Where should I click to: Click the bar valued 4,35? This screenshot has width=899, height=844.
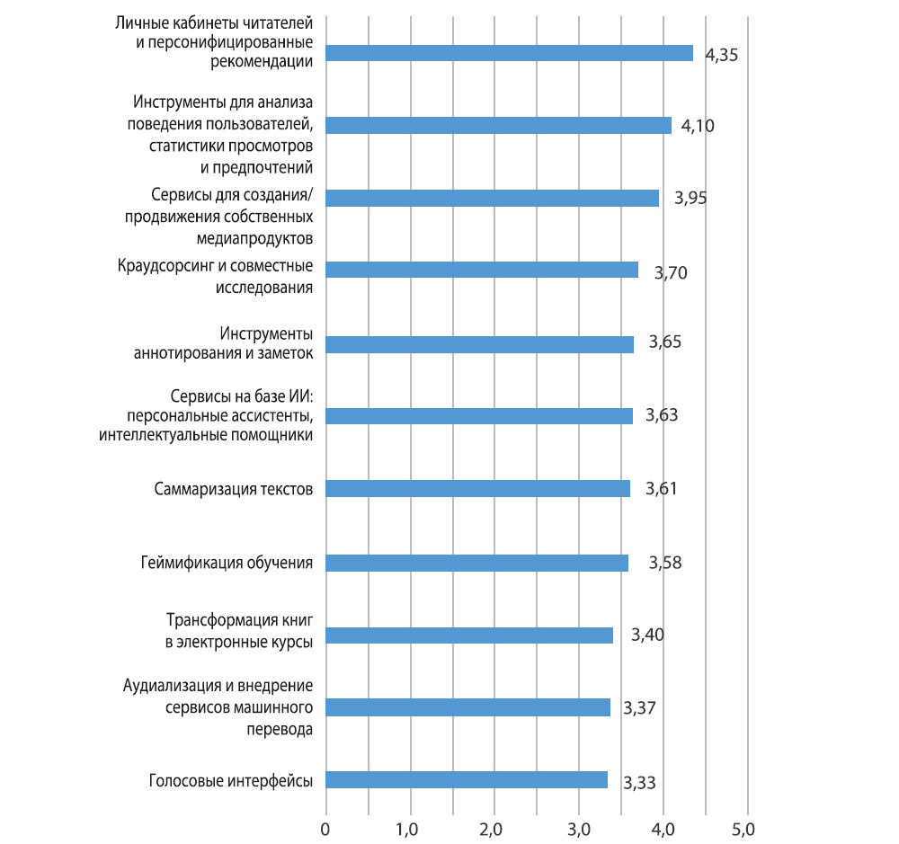click(509, 53)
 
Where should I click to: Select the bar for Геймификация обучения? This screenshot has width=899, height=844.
click(476, 563)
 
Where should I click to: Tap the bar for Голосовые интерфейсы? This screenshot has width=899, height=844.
click(466, 780)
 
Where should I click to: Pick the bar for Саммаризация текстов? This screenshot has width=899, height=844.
click(477, 489)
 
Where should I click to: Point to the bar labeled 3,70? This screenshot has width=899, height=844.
click(482, 271)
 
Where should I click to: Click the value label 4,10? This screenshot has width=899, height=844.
click(698, 126)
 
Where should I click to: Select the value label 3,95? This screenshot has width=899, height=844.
click(690, 198)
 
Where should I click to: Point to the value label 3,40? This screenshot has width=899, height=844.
click(647, 635)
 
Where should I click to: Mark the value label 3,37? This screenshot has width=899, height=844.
click(639, 707)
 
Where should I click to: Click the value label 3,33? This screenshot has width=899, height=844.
click(639, 782)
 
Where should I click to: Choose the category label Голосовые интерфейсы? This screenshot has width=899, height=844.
click(230, 780)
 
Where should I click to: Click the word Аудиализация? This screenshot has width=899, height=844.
click(168, 687)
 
